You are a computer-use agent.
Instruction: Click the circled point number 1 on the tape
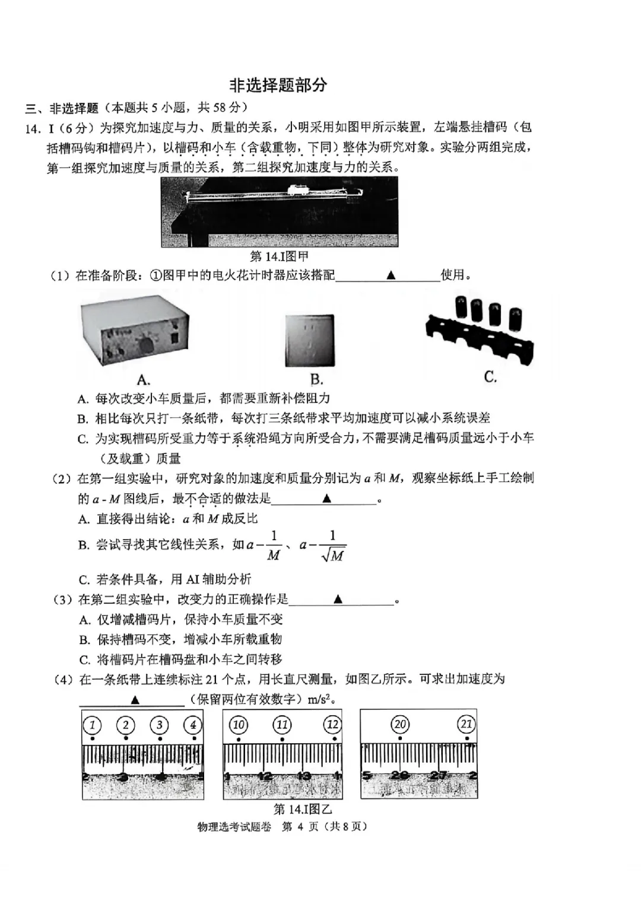coord(92,725)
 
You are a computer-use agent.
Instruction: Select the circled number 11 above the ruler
coord(282,725)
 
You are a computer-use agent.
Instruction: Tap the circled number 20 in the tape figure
coord(401,724)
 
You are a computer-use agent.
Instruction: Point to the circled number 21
coord(467,724)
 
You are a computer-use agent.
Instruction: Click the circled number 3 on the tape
coord(159,725)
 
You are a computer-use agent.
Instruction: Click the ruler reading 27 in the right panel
coord(438,776)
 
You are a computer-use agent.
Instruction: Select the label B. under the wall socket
coord(316,380)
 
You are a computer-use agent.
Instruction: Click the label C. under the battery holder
coord(490,377)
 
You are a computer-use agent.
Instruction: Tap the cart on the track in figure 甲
coord(298,190)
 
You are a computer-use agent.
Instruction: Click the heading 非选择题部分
coord(278,85)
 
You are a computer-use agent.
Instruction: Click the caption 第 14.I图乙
coord(303,809)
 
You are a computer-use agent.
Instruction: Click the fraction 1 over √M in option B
coord(332,546)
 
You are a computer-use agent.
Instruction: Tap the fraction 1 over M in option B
coord(273,546)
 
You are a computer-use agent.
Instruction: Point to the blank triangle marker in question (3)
coord(338,599)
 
